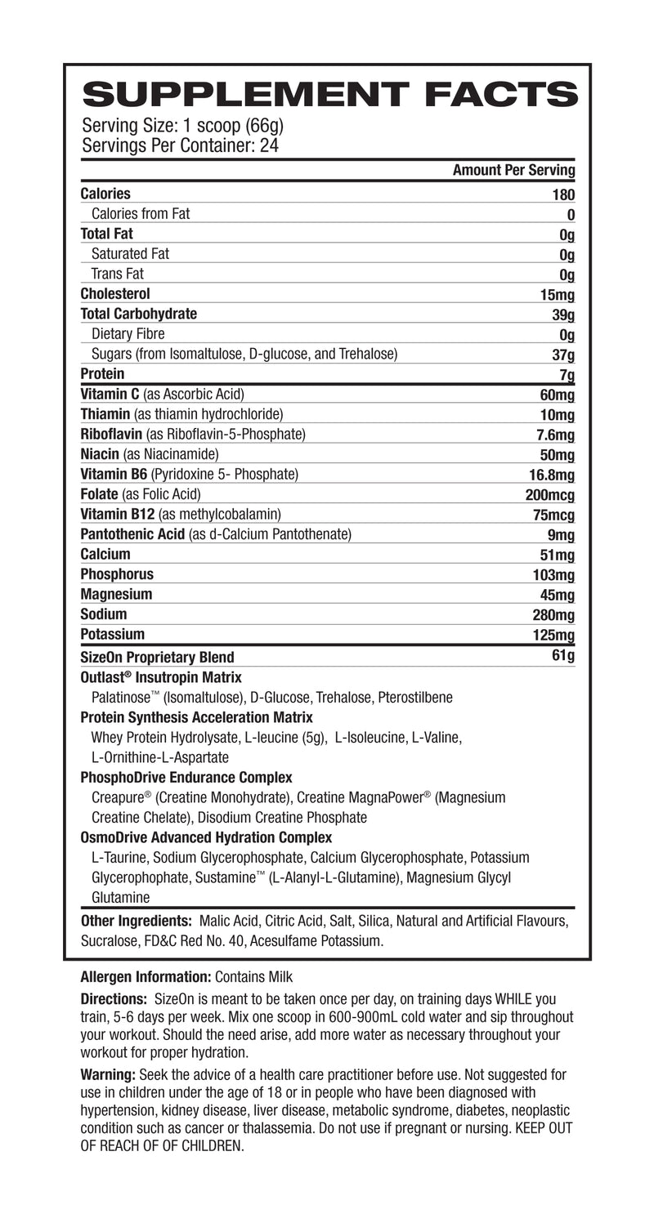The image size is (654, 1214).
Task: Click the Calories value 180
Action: coord(563,194)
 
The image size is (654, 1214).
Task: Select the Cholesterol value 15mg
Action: coord(558,294)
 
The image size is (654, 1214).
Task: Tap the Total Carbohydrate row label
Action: coord(139,314)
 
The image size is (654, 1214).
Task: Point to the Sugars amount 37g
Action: coord(563,355)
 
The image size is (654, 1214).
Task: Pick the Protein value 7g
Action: coord(567,375)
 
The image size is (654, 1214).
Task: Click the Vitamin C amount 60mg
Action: coord(558,395)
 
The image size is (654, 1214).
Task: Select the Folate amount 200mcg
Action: coord(549,495)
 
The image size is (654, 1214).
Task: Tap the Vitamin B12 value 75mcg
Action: coord(553,515)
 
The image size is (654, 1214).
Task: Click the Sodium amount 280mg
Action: coord(553,614)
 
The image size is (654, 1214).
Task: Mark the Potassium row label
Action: coord(113,634)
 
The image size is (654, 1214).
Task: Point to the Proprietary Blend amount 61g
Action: coord(563,656)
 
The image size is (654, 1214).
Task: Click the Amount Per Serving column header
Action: coord(513,171)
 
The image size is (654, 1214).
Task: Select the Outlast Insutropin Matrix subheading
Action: coord(161,677)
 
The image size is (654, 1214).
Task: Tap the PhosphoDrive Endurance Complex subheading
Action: coord(186,777)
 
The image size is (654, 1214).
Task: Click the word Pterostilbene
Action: coord(416,698)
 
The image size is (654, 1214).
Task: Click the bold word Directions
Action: coord(114,999)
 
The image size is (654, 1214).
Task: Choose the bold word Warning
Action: coord(108,1074)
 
